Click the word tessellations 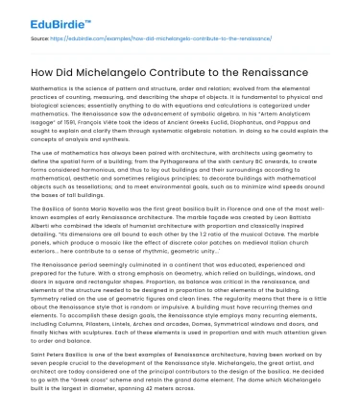click(x=82, y=180)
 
